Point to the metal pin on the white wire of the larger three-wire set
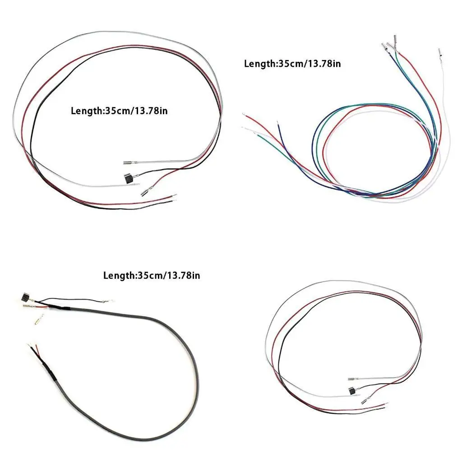point(128,163)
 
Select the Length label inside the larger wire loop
point(119,111)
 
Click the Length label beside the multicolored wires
point(292,64)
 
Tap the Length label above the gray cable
point(152,275)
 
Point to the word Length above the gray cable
point(119,275)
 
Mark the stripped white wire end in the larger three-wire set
point(137,185)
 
